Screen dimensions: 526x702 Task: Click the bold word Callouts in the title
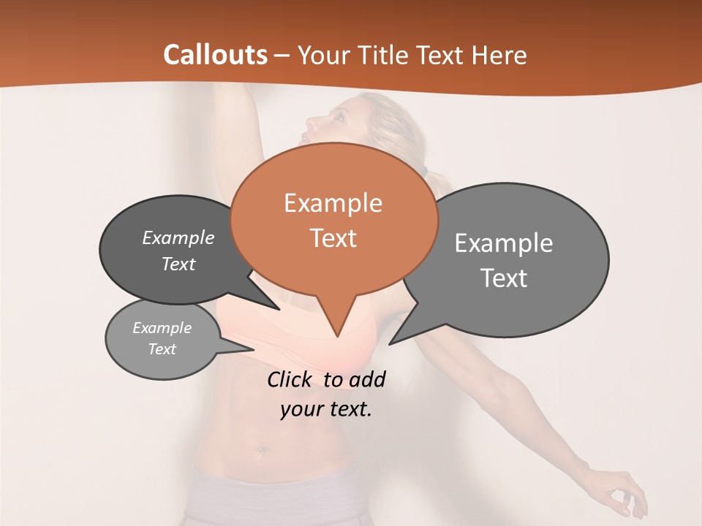tap(215, 55)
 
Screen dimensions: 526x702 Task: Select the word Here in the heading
tap(499, 56)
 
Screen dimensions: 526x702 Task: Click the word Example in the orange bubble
tap(333, 203)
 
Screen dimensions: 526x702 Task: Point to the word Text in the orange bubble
tap(333, 238)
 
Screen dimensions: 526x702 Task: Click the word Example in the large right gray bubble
tap(503, 243)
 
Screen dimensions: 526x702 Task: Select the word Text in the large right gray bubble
tap(504, 278)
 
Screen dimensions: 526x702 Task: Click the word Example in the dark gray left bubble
tap(178, 238)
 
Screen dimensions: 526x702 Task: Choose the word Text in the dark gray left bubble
tap(178, 264)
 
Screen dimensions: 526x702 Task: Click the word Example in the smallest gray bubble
tap(162, 328)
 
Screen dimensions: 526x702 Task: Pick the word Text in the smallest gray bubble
tap(162, 349)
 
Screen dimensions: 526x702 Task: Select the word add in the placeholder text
tap(366, 380)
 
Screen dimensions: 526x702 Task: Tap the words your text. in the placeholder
tap(325, 410)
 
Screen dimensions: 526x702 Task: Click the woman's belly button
tap(262, 449)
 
